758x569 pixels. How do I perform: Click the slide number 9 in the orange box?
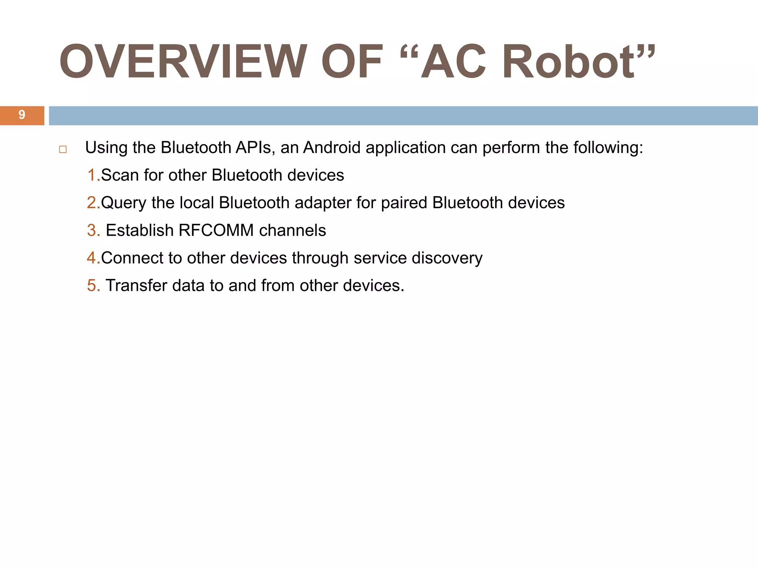(22, 115)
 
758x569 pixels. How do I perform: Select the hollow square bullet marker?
(63, 150)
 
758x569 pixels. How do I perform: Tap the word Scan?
(120, 175)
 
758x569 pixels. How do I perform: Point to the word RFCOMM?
(216, 230)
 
